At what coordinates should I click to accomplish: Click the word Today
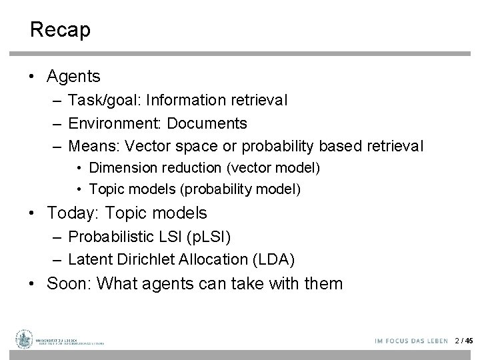click(70, 213)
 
